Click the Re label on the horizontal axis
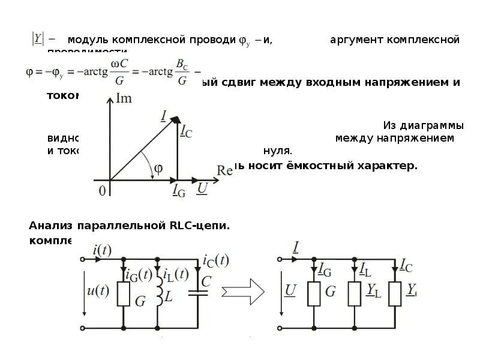pos(224,170)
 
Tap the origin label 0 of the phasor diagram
pos(102,190)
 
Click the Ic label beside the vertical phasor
pos(186,133)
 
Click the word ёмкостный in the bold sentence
pos(326,166)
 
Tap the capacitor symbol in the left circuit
pos(197,293)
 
